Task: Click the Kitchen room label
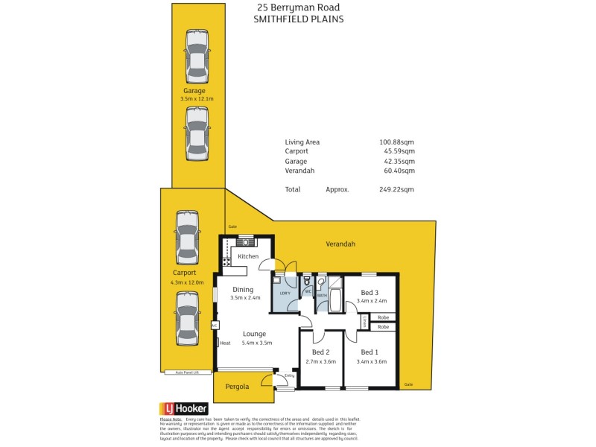click(x=248, y=256)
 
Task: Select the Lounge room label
click(x=254, y=334)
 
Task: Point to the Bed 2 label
click(x=321, y=352)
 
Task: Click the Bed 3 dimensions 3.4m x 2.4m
click(x=371, y=301)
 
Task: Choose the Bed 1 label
click(x=370, y=352)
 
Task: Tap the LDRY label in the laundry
click(x=285, y=294)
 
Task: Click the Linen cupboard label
click(x=364, y=322)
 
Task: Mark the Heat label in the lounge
click(x=225, y=343)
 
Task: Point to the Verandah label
click(x=340, y=244)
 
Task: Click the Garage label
click(x=194, y=91)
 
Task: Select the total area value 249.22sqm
click(x=396, y=190)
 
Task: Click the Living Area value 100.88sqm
click(x=396, y=142)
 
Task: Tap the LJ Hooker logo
click(x=183, y=408)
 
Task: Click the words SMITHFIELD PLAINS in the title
click(x=298, y=20)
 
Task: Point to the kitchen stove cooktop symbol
click(x=225, y=261)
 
